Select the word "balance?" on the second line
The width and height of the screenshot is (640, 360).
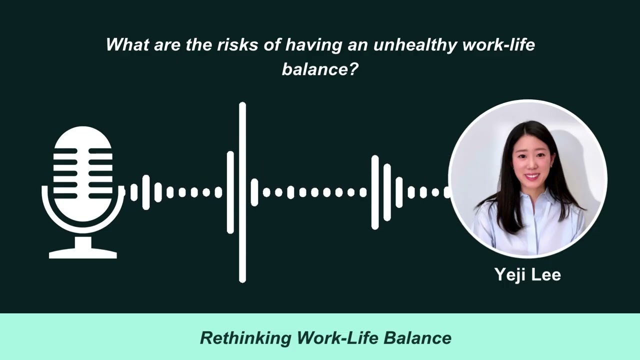click(320, 69)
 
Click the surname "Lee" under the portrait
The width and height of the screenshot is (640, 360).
click(548, 274)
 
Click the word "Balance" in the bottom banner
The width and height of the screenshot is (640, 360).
click(417, 338)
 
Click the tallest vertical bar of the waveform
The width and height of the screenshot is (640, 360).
click(242, 192)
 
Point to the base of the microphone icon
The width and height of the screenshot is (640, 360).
click(83, 254)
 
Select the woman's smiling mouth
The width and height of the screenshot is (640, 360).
click(531, 176)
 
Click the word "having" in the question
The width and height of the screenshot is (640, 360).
click(313, 45)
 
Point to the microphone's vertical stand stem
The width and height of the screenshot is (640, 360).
click(83, 242)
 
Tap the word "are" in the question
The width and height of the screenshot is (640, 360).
click(166, 45)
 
